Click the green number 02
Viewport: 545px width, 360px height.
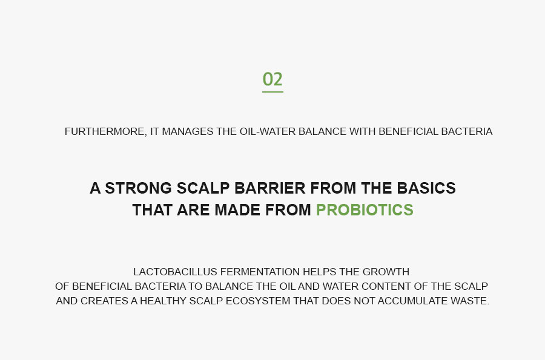272,79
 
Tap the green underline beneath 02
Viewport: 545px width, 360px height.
272,92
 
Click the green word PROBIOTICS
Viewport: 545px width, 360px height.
365,210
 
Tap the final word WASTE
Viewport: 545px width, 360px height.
471,301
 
